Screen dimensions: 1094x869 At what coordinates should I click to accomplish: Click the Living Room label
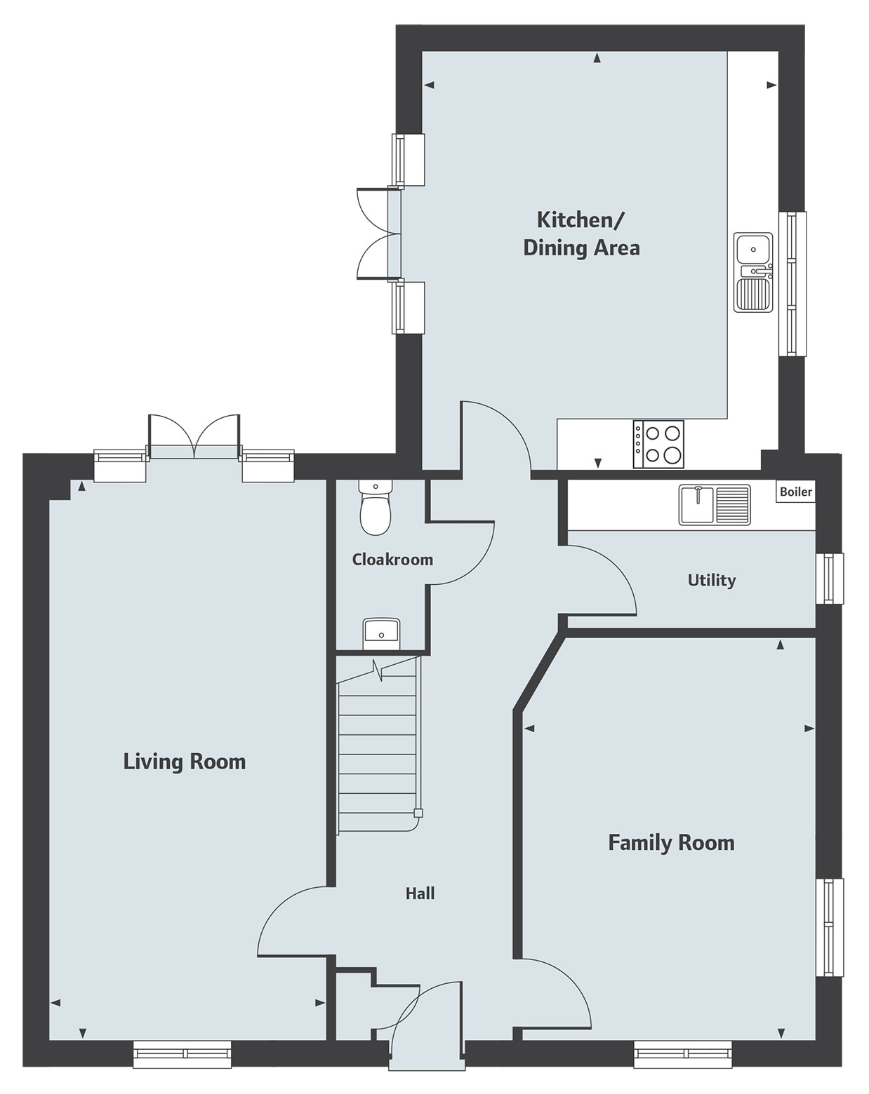[185, 762]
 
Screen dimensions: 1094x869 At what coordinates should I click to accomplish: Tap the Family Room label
[671, 842]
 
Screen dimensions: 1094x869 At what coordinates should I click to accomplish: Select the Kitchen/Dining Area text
[581, 234]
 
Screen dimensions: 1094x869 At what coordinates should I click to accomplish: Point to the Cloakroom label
[392, 560]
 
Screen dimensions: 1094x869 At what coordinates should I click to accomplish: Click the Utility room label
[711, 580]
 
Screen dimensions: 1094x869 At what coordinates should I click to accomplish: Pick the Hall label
[420, 893]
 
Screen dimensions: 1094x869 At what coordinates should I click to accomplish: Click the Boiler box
[795, 492]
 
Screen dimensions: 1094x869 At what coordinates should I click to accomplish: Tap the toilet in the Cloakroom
[374, 508]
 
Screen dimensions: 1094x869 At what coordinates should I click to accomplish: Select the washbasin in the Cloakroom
[381, 633]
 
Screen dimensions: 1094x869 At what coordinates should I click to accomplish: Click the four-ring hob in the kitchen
[658, 444]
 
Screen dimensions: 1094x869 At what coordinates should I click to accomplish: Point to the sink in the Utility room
[714, 504]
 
